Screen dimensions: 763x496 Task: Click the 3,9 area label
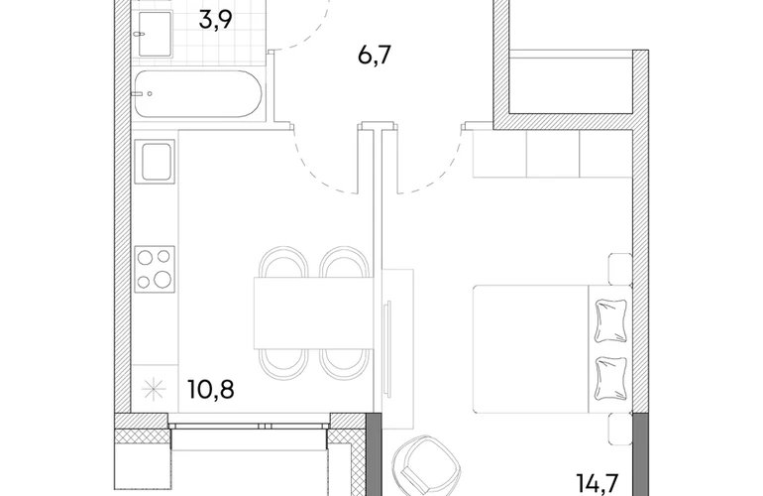215,21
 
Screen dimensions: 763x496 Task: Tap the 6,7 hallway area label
375,55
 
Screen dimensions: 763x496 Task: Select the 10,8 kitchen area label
211,389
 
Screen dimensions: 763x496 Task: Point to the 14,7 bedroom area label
598,484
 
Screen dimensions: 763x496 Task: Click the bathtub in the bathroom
198,94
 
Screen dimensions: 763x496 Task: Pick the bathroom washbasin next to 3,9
156,34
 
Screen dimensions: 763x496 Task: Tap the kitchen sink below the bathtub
158,162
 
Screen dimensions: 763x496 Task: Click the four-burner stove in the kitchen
155,269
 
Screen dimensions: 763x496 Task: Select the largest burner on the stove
163,279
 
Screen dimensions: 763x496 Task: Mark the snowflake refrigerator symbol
154,390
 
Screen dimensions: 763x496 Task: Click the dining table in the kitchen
313,312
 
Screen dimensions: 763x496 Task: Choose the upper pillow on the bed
610,320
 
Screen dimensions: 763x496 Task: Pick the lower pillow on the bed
610,378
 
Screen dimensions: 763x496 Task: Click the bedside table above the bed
620,268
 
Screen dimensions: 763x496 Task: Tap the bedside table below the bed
620,428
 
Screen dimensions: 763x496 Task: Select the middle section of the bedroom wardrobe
553,154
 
